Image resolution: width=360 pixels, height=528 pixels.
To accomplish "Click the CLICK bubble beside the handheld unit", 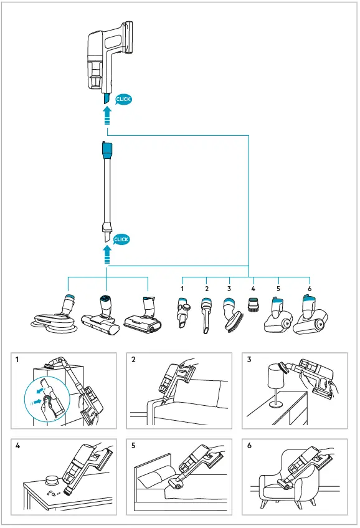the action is tap(123, 99).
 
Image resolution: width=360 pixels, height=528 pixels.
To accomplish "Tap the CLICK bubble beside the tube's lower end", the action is tap(121, 239).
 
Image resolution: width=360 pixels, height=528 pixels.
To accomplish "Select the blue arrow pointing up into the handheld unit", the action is tap(107, 116).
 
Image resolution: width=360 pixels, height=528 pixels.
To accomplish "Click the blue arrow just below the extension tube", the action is tap(107, 254).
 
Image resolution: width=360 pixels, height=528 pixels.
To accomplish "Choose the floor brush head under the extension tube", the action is tap(101, 317).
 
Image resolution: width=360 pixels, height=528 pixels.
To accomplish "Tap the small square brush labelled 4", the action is tap(253, 304).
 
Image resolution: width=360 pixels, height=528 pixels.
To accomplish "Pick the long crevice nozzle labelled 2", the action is tap(206, 315).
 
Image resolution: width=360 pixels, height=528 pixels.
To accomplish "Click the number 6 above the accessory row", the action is tap(310, 289).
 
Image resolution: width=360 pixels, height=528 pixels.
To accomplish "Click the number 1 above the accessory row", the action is tap(182, 289).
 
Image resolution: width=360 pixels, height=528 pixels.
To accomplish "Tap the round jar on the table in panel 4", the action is tap(52, 479).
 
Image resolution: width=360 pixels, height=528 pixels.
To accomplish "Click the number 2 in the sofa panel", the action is tap(133, 360).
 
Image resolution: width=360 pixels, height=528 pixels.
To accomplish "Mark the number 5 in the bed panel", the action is tap(133, 446).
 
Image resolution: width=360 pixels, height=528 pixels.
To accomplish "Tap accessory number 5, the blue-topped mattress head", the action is tap(276, 315).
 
